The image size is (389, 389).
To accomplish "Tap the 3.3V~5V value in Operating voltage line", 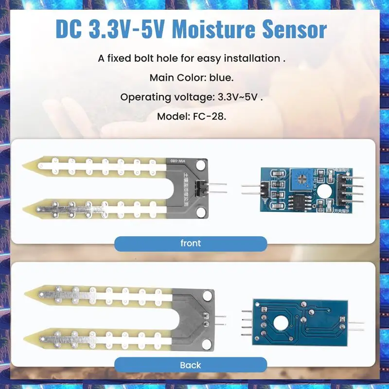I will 236,97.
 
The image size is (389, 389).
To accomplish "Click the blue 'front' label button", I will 191,243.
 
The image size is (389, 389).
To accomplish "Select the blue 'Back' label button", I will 191,365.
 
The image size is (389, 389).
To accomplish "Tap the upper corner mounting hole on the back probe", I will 209,295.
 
